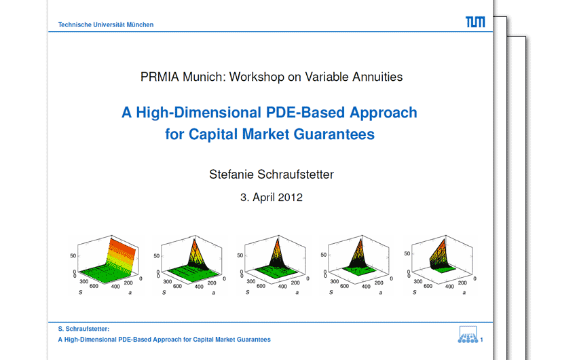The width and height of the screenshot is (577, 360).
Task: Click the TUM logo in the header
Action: coord(475,22)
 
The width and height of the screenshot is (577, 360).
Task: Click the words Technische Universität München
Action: coord(106,24)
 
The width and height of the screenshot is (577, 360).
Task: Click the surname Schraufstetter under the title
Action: coord(295,174)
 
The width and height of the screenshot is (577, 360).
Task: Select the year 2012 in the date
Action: coord(290,197)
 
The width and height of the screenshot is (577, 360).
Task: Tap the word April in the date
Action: coord(263,197)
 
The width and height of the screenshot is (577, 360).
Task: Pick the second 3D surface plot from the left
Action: coord(189,265)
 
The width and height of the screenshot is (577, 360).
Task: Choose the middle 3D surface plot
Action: coord(273,265)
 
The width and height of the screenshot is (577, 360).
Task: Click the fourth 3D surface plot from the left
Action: coord(356,265)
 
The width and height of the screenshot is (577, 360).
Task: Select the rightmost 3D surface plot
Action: coord(440,265)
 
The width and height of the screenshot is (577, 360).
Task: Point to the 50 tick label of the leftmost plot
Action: coord(73,255)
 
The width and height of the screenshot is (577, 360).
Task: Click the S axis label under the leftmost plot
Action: coord(80,292)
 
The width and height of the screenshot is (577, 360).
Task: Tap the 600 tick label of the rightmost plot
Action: coord(428,286)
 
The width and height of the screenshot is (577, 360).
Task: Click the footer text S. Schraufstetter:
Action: coord(83,329)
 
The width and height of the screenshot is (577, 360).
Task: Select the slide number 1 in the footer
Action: coord(482,340)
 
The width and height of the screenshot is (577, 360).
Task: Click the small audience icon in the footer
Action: coord(468,335)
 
